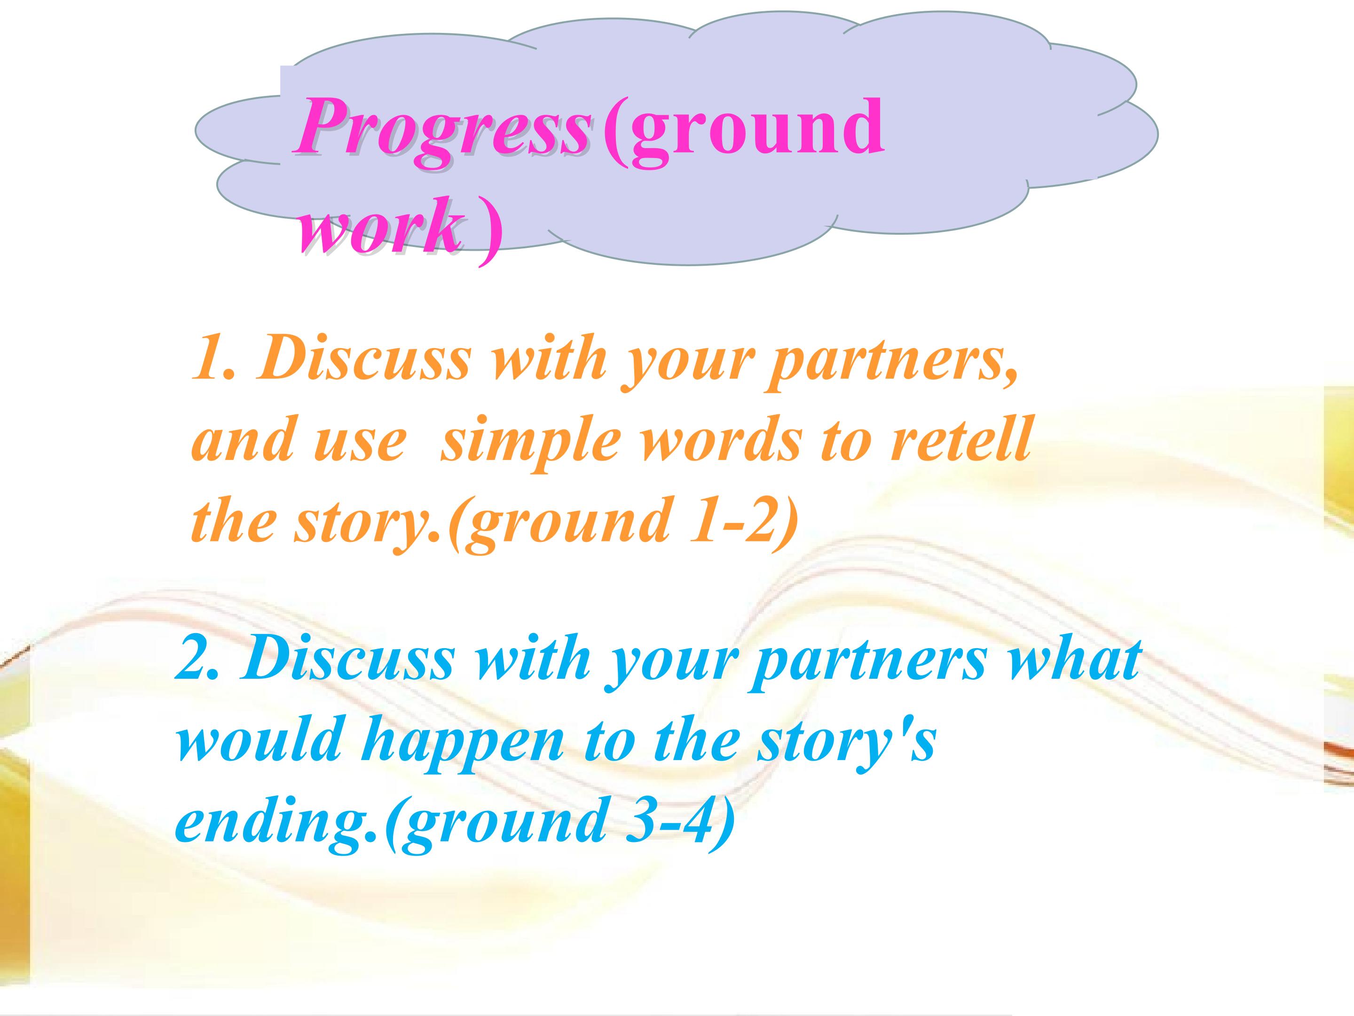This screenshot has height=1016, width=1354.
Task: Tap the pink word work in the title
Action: pyautogui.click(x=379, y=227)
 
